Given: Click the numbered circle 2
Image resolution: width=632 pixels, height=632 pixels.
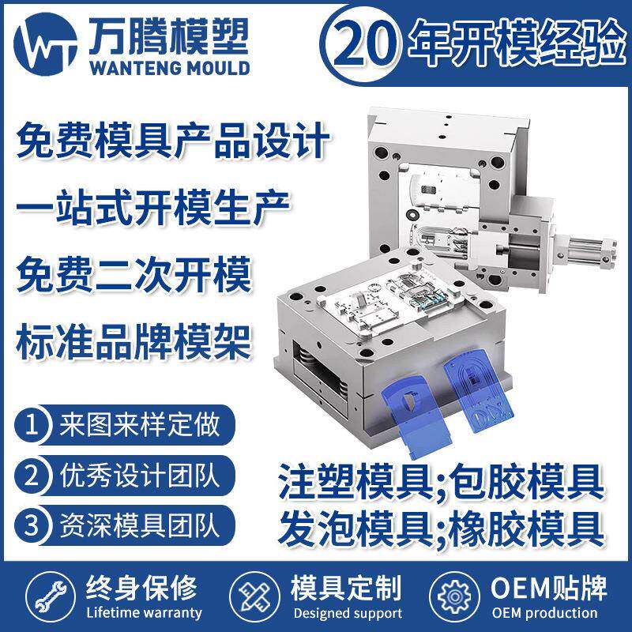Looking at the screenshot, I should (32, 476).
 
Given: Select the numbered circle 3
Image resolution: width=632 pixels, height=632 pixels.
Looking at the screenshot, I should (32, 524).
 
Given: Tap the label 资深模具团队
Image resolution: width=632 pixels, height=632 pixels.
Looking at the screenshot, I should (136, 524).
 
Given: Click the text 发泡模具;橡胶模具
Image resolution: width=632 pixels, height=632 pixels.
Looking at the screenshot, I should (441, 524).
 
